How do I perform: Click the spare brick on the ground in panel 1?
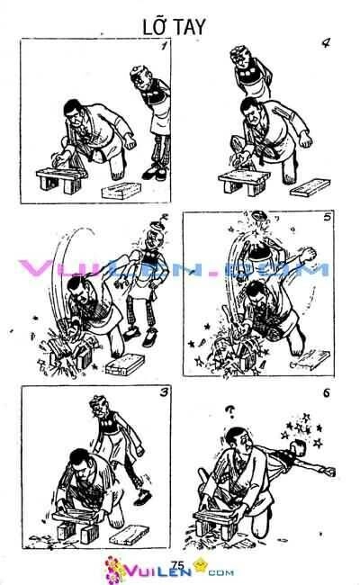tap(115, 193)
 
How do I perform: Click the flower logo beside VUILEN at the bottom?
tap(114, 566)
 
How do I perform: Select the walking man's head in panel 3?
tap(96, 409)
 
